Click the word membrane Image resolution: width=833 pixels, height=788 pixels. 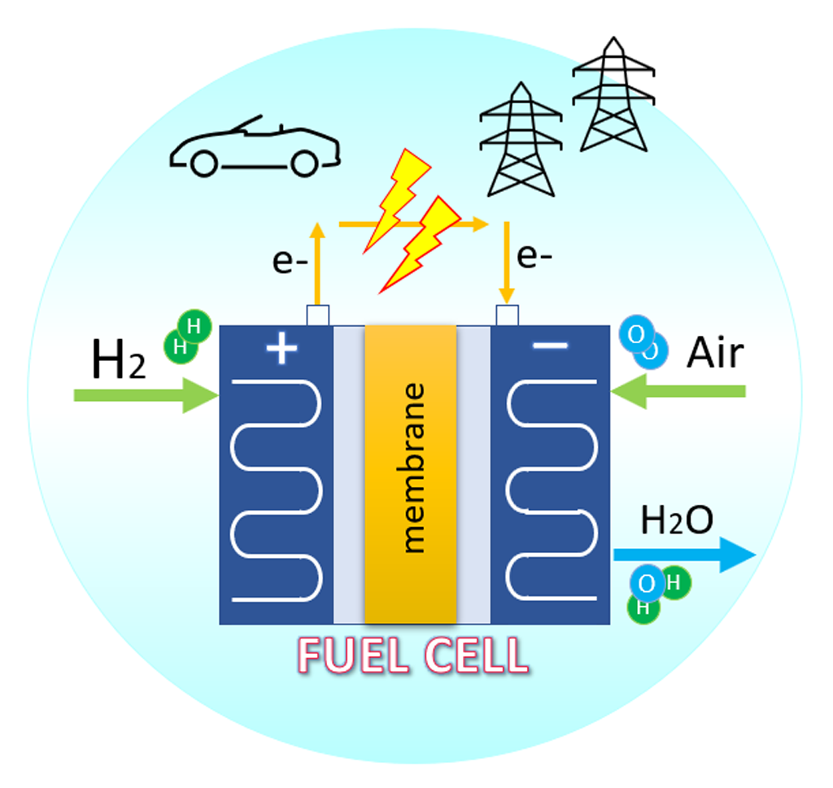(x=414, y=468)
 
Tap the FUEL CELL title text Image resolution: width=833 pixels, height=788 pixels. (x=413, y=655)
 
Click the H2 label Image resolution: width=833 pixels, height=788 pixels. (x=118, y=359)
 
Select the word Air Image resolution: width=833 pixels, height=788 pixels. (x=715, y=352)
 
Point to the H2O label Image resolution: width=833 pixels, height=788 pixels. (x=677, y=520)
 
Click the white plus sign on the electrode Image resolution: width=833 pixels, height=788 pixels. (x=281, y=348)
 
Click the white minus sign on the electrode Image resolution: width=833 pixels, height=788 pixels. (x=551, y=346)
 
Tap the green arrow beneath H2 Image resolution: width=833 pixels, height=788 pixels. (x=146, y=395)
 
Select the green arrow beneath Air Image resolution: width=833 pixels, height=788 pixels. (x=678, y=391)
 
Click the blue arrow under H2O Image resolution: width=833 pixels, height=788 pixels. (x=684, y=555)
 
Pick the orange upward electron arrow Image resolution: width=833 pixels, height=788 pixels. (x=317, y=263)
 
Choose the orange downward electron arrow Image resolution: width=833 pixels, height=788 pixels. (x=507, y=263)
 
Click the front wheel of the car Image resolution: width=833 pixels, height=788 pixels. (x=204, y=163)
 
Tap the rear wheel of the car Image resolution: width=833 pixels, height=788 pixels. (x=304, y=163)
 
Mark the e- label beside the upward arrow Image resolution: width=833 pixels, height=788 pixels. (x=290, y=262)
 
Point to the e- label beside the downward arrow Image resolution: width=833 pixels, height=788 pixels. (x=534, y=256)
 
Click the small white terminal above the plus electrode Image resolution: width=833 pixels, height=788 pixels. (x=318, y=315)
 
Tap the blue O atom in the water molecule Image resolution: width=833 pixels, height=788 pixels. (x=647, y=583)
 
